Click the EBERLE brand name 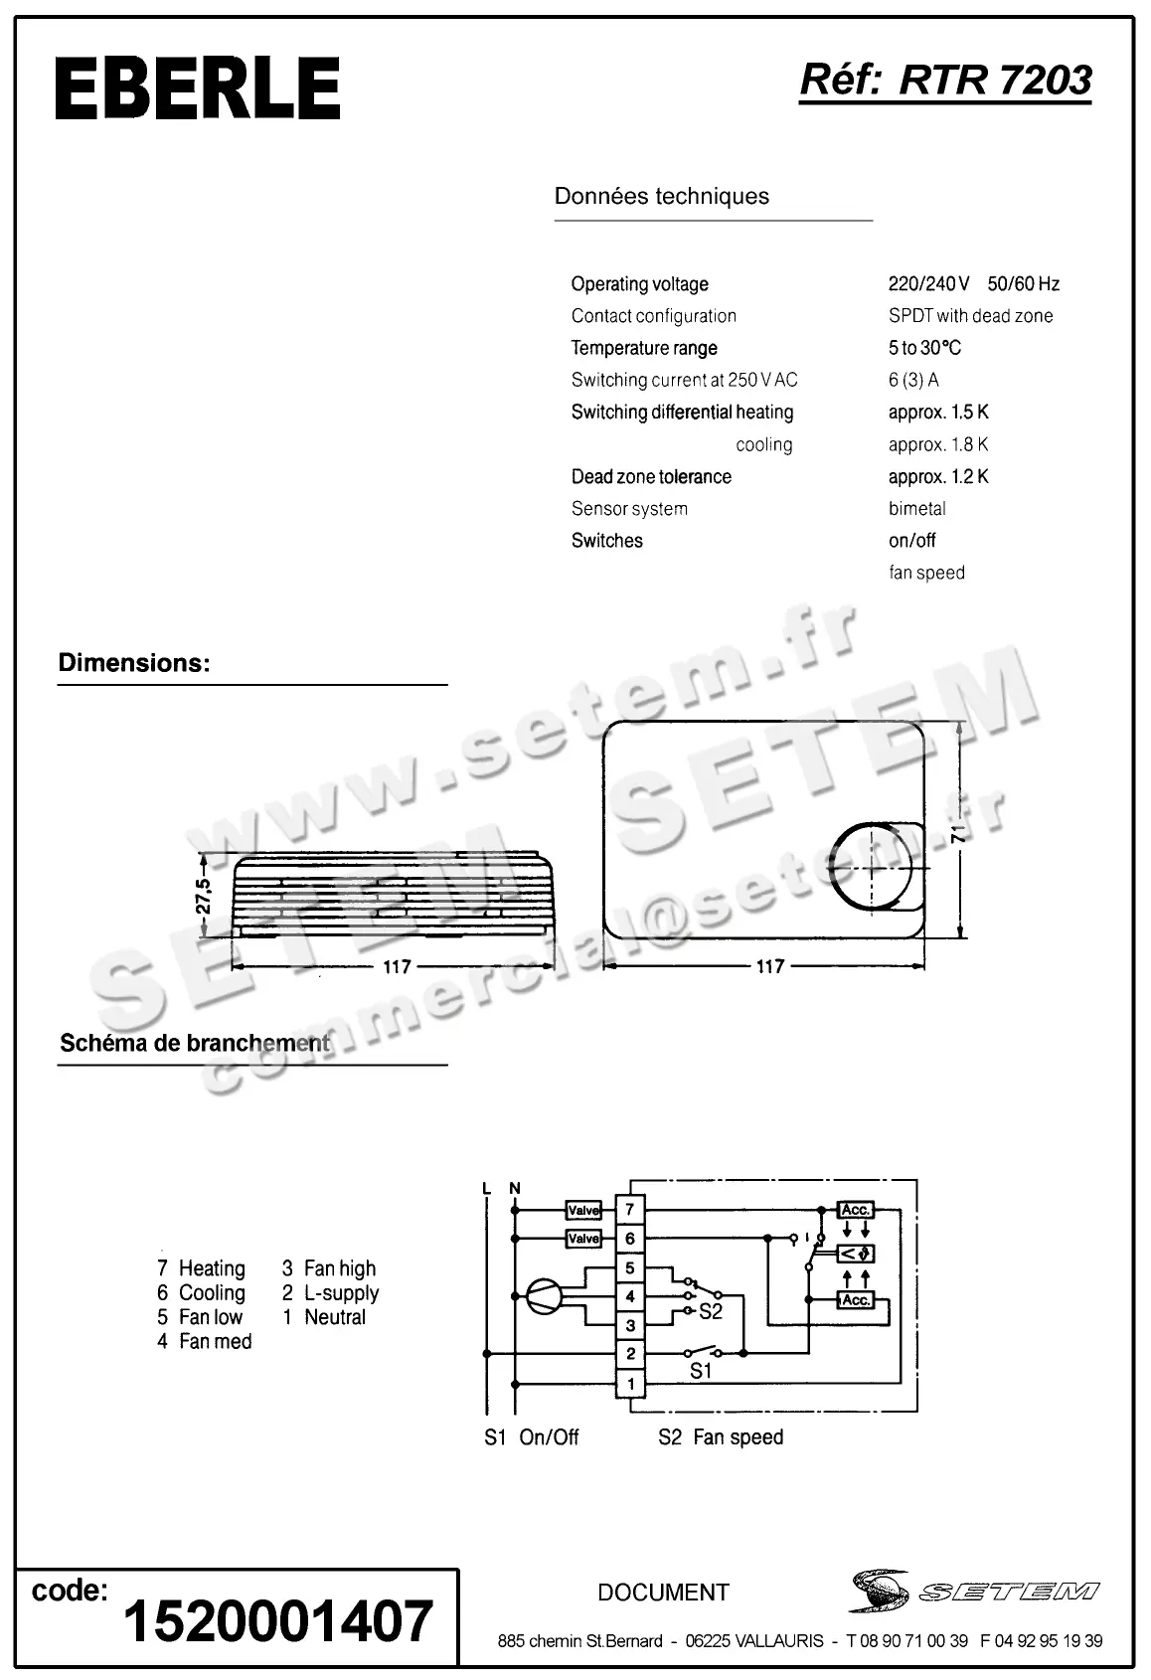[198, 88]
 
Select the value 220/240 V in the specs [928, 284]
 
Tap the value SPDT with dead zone [970, 316]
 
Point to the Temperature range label [643, 348]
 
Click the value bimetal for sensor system [916, 509]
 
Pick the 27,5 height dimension [203, 896]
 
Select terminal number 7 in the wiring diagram [630, 1210]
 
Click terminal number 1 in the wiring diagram [630, 1383]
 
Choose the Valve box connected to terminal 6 [583, 1239]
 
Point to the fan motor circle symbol [544, 1295]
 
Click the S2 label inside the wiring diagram [710, 1312]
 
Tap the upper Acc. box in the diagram [856, 1210]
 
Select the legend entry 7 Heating [201, 1268]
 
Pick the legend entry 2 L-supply [330, 1293]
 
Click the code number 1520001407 [278, 1621]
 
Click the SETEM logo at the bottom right [974, 1591]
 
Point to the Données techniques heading [661, 196]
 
